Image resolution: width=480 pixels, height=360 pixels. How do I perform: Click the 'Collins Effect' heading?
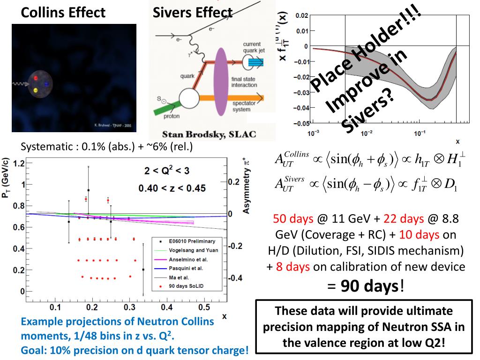coord(63,12)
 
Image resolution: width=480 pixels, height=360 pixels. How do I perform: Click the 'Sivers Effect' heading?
coord(193,12)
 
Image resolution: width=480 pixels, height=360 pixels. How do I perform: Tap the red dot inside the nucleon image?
coord(36,78)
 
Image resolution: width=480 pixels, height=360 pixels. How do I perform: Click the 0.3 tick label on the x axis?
coord(130,307)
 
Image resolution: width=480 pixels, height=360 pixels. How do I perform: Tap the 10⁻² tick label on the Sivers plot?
coord(367,133)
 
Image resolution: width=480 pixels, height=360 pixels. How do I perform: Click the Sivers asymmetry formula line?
coord(366,183)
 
